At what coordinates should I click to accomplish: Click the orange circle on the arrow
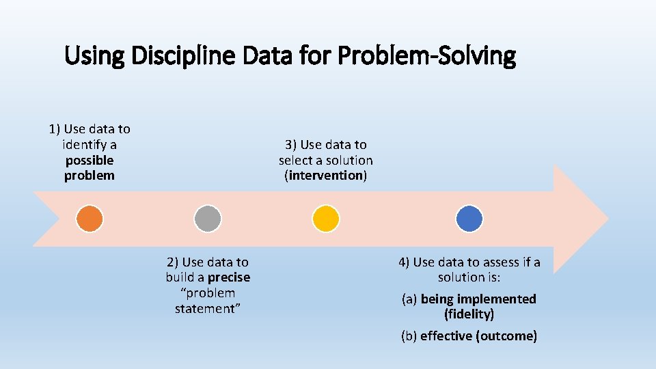90,219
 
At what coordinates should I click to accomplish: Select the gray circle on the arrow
208,219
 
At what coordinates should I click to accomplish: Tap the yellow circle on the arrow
326,219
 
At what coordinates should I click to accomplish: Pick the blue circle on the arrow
469,219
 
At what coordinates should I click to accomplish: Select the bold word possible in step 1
90,160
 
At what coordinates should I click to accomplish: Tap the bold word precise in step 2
229,277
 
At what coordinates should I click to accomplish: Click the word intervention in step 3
326,176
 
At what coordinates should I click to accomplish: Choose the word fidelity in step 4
469,314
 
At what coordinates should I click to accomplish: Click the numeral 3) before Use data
291,144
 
